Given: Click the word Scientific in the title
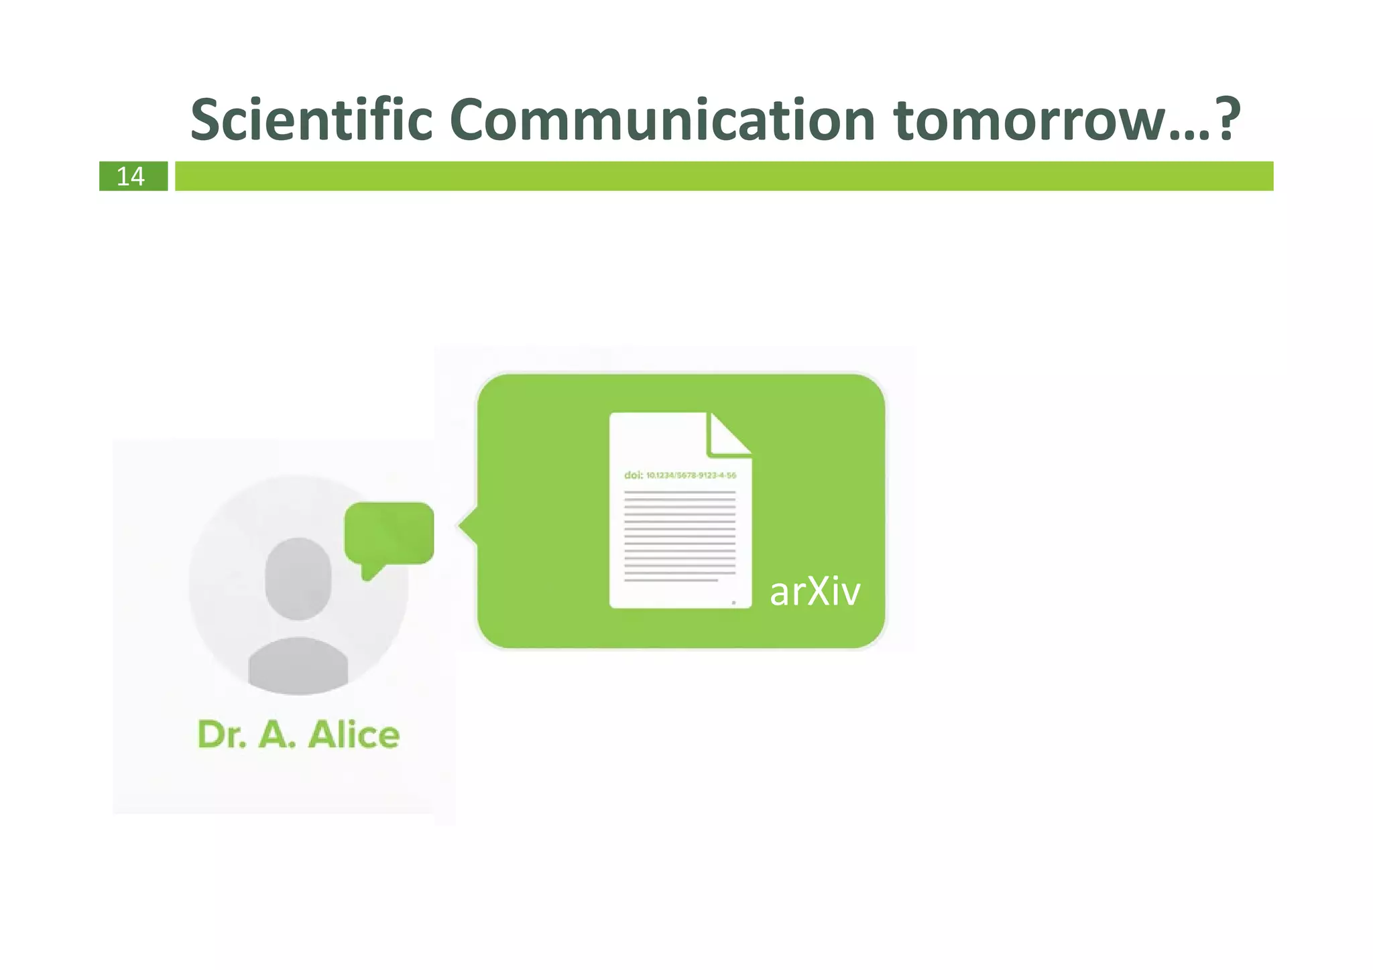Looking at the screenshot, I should click(x=311, y=121).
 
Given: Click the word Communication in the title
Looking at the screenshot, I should click(x=662, y=121).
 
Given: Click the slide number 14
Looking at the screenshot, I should click(x=131, y=176).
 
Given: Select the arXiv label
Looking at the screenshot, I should click(x=815, y=592).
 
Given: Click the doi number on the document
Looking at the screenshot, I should click(x=691, y=475).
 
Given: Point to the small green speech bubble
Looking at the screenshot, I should click(x=389, y=532).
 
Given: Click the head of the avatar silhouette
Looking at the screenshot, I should click(x=298, y=578).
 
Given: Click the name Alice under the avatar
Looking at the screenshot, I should click(x=354, y=735).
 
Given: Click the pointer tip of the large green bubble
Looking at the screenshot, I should click(x=462, y=526).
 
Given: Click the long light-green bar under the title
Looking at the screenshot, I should click(x=724, y=176).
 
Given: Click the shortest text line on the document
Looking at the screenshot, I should click(x=670, y=581).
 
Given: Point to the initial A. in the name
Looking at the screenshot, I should click(x=276, y=735).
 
